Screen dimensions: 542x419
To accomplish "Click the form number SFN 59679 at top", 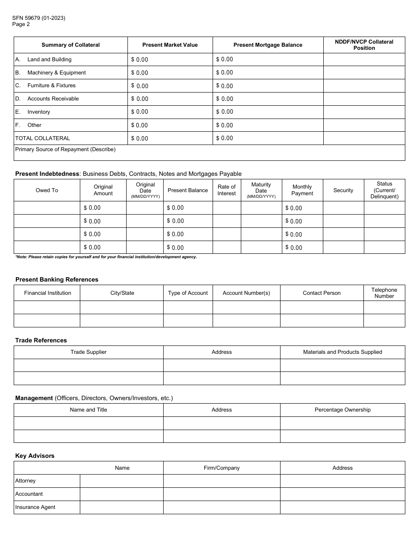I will (x=39, y=18).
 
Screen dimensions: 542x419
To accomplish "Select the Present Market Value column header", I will (x=170, y=45).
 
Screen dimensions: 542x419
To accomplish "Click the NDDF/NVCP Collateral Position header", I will (x=364, y=45).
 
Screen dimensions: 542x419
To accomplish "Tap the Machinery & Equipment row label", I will (x=56, y=73).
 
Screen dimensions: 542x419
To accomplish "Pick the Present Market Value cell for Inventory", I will (x=170, y=112).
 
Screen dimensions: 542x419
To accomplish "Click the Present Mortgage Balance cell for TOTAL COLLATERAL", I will (x=268, y=138).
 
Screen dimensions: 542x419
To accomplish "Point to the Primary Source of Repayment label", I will (x=65, y=149).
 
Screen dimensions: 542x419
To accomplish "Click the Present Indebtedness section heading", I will (x=47, y=174).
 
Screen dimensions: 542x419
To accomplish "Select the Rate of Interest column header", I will (x=227, y=190).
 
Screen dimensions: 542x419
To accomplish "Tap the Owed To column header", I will (x=47, y=190).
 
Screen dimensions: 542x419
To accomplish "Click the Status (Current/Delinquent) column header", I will (x=384, y=190).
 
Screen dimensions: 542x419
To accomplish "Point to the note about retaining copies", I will (x=106, y=257).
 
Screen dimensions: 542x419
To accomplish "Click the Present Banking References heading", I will (x=57, y=279).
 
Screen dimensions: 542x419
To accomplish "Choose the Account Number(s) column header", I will (x=246, y=293).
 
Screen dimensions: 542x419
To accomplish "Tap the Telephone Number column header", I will (x=384, y=293).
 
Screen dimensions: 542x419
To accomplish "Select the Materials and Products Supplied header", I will (x=342, y=352).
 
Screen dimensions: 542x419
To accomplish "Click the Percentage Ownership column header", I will (x=342, y=410).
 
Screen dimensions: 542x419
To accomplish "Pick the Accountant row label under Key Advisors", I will (x=29, y=494).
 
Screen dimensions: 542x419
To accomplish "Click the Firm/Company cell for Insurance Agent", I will (x=221, y=507).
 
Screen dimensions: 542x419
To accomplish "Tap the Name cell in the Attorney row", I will (x=122, y=481).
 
